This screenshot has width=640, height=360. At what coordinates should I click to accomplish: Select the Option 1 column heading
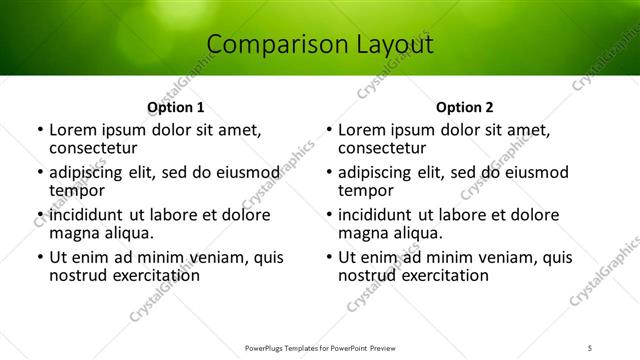point(176,107)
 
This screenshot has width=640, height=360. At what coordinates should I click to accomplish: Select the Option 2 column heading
point(465,107)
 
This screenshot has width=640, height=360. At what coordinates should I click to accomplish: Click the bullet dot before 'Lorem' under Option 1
point(39,131)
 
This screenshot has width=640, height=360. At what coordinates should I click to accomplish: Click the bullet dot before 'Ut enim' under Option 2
point(328,257)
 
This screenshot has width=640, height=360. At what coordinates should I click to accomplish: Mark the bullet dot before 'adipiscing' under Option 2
point(328,173)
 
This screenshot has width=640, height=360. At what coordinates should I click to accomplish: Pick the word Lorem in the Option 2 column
point(362,130)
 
